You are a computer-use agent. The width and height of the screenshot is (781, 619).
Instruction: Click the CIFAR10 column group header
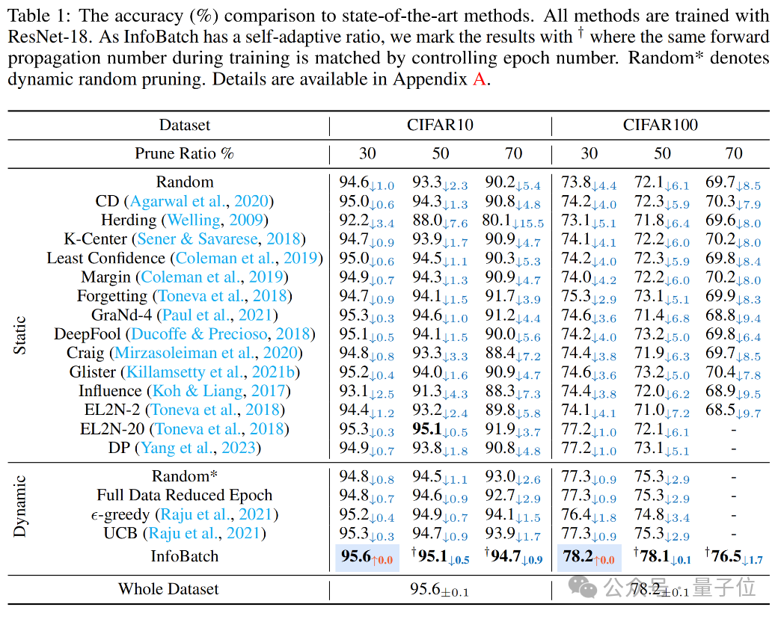point(440,125)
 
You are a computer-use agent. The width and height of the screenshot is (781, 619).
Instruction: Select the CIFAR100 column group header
point(661,125)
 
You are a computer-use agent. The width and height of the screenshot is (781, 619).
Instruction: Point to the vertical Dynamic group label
point(21,506)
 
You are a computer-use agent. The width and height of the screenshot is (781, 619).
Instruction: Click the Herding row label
point(129,220)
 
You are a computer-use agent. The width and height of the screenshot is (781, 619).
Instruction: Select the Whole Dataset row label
point(168,589)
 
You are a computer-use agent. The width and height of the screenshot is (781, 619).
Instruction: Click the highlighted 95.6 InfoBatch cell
point(367,557)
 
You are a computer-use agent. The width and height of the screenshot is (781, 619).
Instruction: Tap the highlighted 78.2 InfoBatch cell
point(588,557)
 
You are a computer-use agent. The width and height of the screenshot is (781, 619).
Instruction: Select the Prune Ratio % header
point(184,153)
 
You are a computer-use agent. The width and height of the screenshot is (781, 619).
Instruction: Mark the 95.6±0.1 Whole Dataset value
point(439,590)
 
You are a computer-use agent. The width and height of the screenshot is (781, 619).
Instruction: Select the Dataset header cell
point(184,125)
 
